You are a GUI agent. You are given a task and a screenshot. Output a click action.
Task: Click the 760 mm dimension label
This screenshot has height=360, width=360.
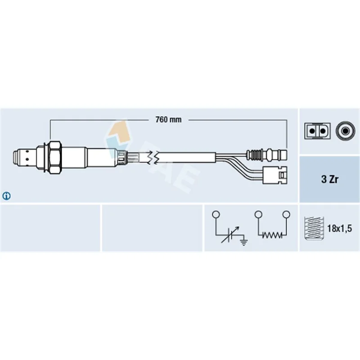point(168,120)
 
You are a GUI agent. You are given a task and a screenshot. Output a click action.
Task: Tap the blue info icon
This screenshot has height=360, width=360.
point(6,196)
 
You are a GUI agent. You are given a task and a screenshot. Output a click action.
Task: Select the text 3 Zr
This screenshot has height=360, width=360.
point(330,179)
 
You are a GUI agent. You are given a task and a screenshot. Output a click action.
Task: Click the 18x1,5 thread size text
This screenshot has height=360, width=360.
point(339,229)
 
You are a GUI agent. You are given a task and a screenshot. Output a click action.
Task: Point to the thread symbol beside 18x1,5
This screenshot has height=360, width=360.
point(314,228)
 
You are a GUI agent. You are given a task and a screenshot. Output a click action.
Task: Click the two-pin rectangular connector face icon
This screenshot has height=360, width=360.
point(318,131)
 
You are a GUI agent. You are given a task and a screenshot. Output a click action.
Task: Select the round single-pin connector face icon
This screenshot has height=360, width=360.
point(345,131)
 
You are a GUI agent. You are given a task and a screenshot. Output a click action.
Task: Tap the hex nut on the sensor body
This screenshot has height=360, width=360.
point(55,157)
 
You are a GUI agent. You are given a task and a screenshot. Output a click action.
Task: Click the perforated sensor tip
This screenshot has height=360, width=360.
point(24,157)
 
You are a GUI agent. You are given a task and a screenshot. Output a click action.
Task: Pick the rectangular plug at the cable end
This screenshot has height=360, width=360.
point(274,175)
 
